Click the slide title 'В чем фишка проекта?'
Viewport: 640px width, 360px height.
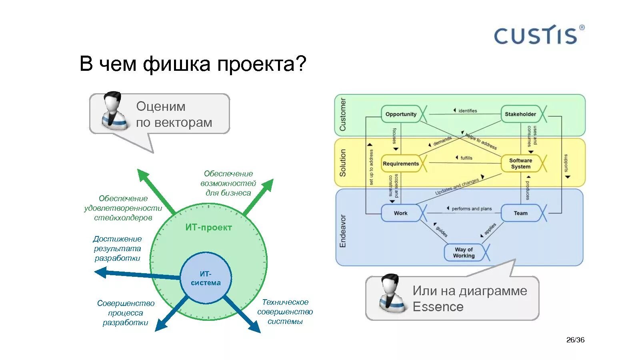tap(192, 64)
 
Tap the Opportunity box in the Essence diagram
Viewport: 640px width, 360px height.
tap(401, 114)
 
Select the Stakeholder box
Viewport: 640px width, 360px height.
tap(520, 114)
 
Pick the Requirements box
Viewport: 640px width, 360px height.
tap(400, 164)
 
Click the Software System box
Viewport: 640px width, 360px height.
tap(520, 164)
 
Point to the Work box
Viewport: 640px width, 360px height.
tap(400, 213)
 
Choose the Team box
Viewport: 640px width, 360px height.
tap(520, 213)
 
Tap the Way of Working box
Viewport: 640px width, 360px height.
tap(464, 252)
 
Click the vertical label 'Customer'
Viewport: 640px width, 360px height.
tap(343, 115)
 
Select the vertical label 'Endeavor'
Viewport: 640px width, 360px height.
tap(343, 231)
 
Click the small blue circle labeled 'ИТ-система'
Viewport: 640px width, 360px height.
tap(206, 278)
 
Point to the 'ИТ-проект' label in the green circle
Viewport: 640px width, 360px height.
tap(208, 228)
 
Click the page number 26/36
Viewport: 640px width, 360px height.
tap(575, 340)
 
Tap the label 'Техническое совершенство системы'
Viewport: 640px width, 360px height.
tap(285, 312)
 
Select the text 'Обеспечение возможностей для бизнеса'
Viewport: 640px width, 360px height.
tap(228, 183)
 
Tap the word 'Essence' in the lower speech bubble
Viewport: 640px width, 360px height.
tap(438, 307)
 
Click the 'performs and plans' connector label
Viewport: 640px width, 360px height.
tap(471, 209)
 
